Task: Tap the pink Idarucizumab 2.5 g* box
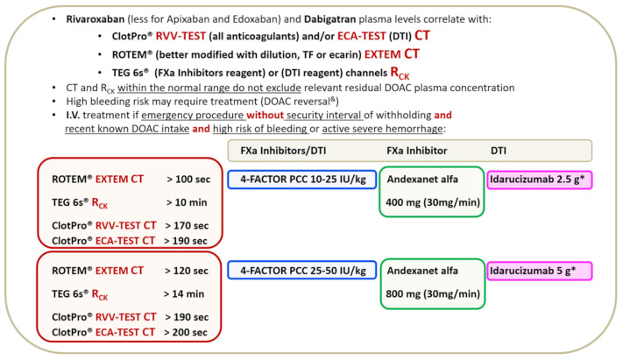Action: (540, 179)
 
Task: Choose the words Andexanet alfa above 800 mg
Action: (430, 268)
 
